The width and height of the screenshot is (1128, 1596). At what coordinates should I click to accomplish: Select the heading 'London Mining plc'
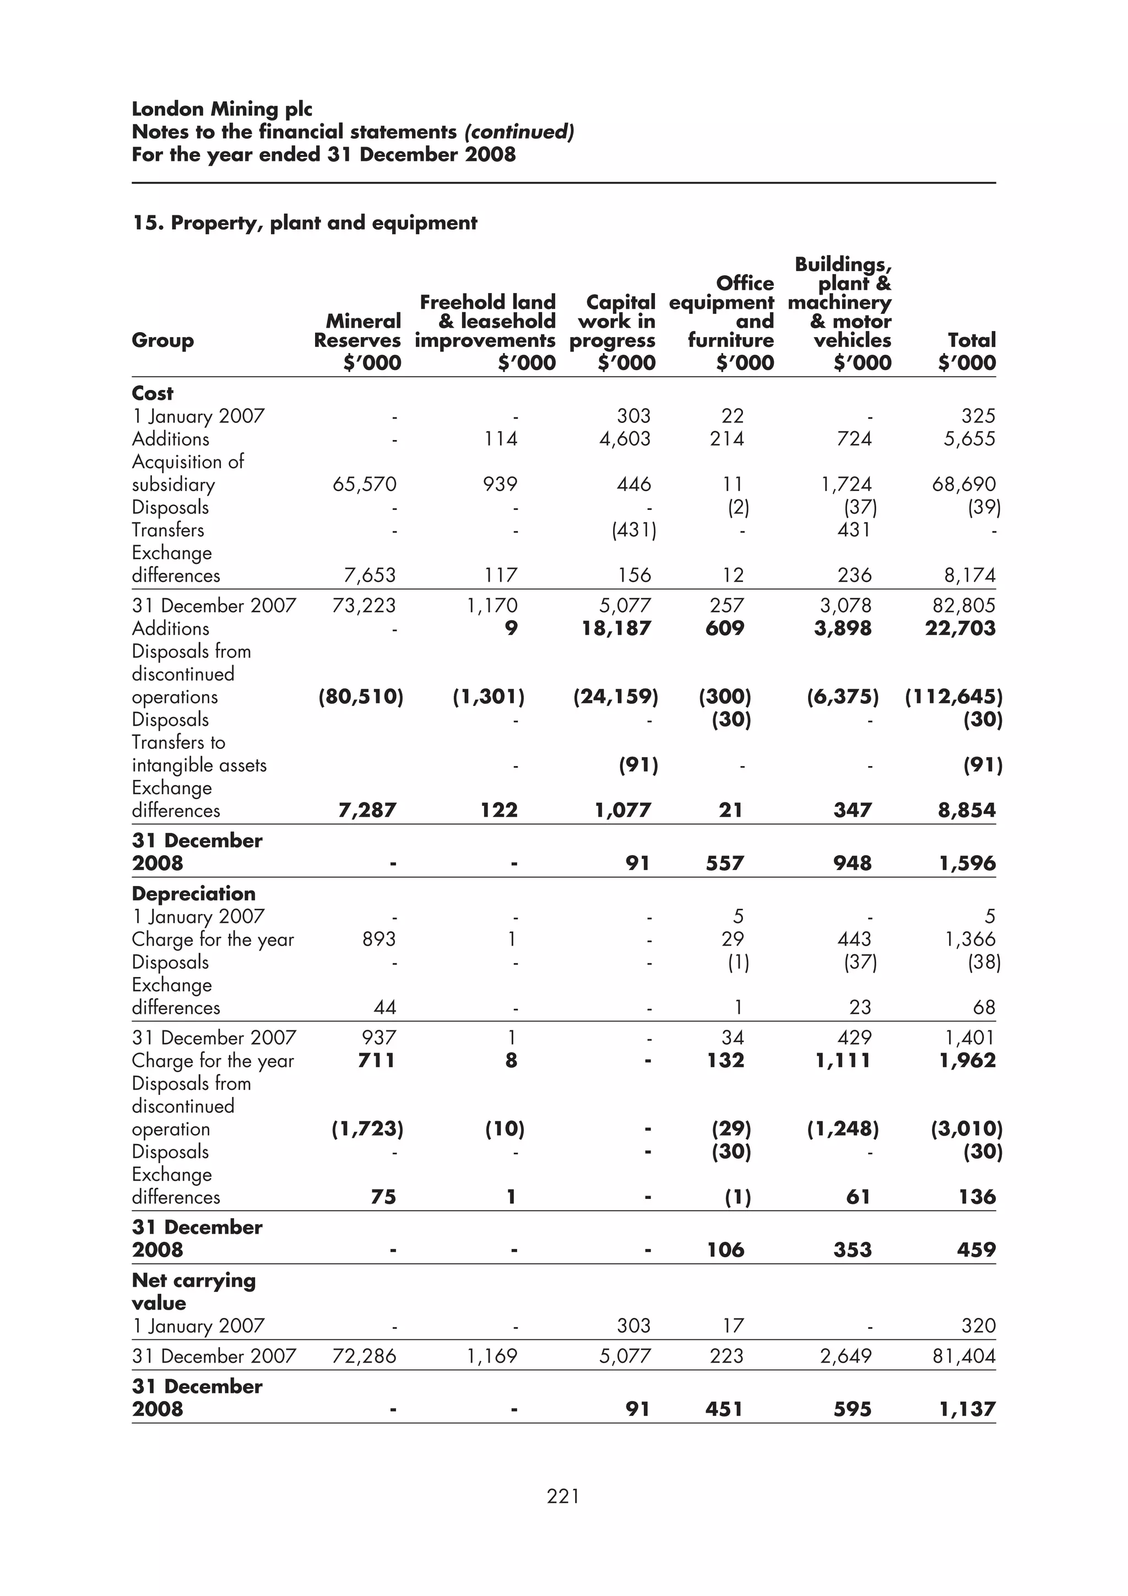pos(222,109)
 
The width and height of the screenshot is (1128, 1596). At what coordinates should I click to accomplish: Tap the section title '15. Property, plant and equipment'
pos(305,223)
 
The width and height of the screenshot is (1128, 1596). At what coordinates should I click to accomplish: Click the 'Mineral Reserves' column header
pos(357,331)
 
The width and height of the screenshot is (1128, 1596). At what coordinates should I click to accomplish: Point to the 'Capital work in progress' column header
pos(613,321)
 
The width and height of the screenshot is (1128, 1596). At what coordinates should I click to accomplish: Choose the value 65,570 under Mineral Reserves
pos(364,485)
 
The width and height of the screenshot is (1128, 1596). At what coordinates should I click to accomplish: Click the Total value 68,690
pos(963,485)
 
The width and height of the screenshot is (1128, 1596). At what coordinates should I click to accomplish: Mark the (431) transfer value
pos(634,530)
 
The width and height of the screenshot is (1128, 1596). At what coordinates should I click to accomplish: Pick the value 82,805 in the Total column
pos(963,605)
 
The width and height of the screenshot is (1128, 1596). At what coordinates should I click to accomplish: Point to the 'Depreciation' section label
pos(194,893)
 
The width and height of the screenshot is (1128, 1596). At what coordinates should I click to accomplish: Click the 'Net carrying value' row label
pos(194,1291)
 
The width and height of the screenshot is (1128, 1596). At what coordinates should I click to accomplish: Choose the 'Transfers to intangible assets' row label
pos(199,753)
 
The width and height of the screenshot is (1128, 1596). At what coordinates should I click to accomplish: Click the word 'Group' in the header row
pos(162,340)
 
